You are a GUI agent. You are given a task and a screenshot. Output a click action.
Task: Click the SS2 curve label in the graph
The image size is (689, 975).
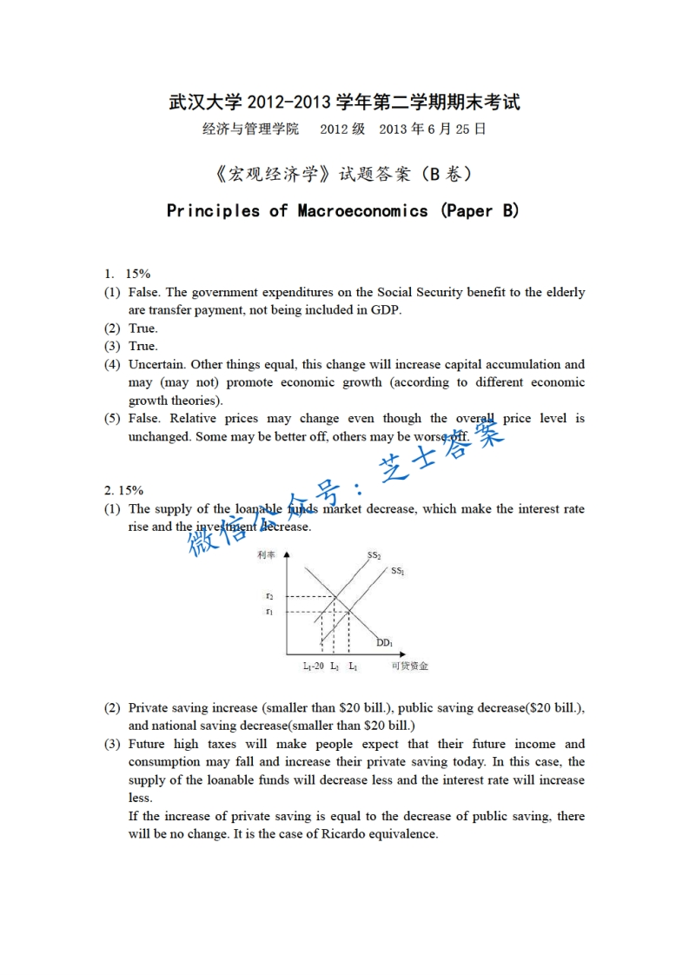point(374,556)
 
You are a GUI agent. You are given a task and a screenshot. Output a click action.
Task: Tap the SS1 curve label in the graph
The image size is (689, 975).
point(398,571)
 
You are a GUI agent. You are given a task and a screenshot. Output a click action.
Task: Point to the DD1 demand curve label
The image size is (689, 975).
point(384,643)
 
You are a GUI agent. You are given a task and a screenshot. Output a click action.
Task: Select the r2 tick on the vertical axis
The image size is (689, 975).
point(270,596)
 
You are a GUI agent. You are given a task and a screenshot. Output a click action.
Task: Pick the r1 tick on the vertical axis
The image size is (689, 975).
point(270,612)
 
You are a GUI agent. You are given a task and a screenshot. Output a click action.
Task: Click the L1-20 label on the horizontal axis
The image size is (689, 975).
point(313,667)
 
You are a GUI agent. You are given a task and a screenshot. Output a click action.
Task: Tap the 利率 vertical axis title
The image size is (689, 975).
point(266,554)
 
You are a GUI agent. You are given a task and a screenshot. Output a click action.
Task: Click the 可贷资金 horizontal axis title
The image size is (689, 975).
point(409,667)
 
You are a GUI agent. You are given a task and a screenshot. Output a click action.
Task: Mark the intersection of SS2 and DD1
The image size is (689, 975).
point(335,596)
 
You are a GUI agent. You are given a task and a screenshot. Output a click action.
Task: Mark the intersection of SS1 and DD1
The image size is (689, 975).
point(349,612)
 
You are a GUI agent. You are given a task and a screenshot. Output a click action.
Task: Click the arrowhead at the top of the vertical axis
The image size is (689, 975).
point(285,554)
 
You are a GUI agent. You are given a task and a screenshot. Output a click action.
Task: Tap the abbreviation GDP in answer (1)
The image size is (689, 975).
point(385,310)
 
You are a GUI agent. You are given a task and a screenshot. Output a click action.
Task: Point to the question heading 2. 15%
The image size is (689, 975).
point(123,491)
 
